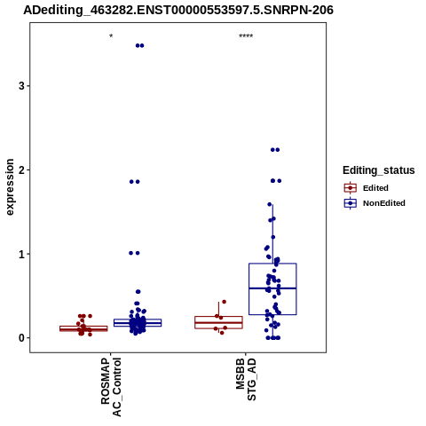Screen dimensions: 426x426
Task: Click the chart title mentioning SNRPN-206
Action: (178, 10)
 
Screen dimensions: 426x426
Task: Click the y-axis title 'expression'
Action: (10, 187)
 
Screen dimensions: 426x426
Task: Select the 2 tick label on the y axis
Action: (21, 170)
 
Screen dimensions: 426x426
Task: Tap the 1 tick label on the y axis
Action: (21, 254)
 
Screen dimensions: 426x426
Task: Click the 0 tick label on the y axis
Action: (21, 338)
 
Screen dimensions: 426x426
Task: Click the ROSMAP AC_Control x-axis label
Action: (111, 387)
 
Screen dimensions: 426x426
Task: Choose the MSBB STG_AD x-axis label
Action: (246, 380)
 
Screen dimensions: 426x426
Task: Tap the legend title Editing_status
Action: (379, 170)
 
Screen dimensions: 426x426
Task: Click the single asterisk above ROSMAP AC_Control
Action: (111, 36)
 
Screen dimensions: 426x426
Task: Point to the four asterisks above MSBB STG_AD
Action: (246, 36)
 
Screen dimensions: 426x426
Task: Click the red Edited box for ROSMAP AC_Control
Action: (83, 327)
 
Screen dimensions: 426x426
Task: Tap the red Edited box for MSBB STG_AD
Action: (218, 318)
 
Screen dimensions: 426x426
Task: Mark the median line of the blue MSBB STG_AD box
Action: (272, 288)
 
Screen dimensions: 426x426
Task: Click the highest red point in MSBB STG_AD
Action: (224, 302)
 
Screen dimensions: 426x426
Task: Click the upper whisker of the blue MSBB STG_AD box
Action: (272, 233)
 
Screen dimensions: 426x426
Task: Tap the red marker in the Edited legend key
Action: (351, 188)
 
